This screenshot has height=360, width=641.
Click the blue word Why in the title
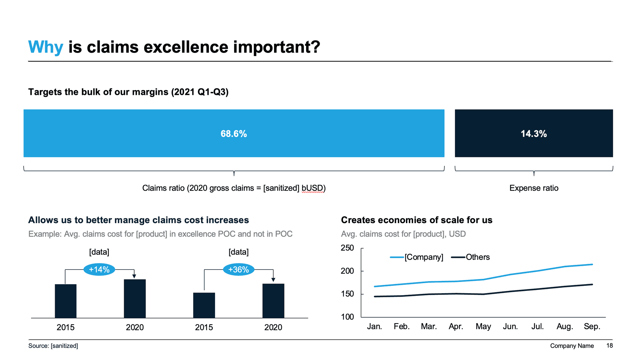[x=45, y=47]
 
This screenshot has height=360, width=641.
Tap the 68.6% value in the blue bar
[x=234, y=134]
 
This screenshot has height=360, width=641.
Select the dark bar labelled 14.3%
[x=533, y=133]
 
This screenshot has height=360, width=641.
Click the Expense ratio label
[x=533, y=188]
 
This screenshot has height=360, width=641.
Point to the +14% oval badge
[x=99, y=269]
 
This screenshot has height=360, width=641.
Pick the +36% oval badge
[x=238, y=269]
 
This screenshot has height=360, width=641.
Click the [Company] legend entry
[x=423, y=257]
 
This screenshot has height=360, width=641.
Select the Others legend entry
[x=477, y=257]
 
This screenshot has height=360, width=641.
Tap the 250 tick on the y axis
[x=347, y=248]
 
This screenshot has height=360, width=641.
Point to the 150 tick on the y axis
[x=347, y=294]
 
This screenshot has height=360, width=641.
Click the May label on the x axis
[x=483, y=326]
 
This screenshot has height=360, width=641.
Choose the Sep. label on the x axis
[x=592, y=326]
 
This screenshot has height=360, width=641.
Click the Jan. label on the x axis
[x=374, y=326]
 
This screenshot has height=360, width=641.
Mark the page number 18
[x=609, y=346]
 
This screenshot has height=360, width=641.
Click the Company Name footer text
[x=572, y=346]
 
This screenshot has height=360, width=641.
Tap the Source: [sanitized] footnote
[x=53, y=346]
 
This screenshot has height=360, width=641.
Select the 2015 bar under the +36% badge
[x=204, y=305]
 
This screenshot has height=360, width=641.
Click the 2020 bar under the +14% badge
[x=135, y=299]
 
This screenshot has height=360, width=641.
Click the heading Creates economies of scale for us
[x=416, y=220]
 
